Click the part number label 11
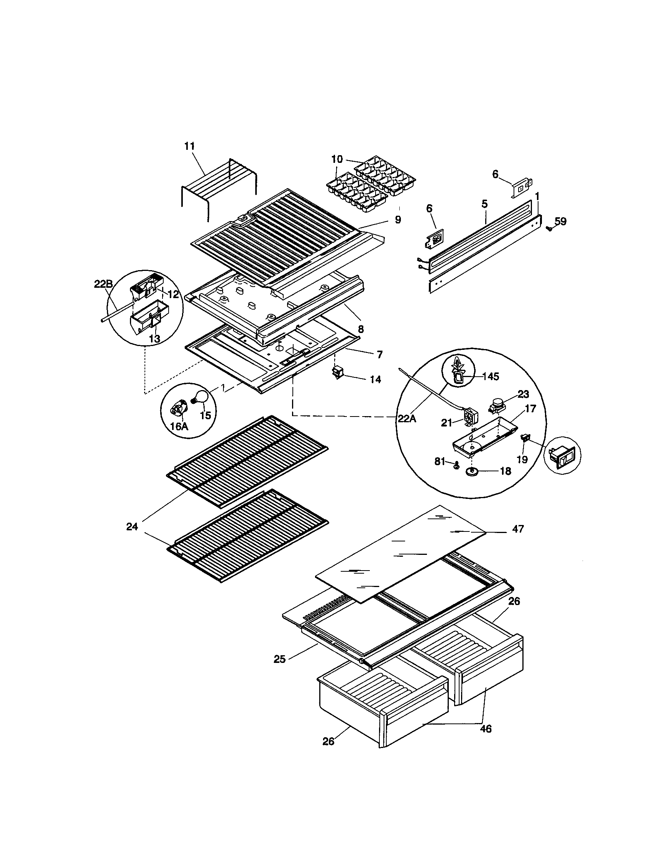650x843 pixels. [189, 146]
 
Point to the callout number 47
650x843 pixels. [518, 528]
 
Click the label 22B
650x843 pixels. [103, 284]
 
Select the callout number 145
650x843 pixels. [490, 376]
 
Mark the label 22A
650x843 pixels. [407, 418]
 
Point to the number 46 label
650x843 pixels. [486, 728]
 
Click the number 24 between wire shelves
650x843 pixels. [132, 526]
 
